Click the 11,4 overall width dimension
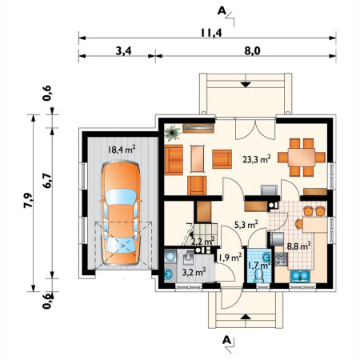click(x=211, y=33)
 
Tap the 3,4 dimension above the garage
click(x=123, y=50)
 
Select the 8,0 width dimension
click(x=252, y=50)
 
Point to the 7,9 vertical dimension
click(x=28, y=200)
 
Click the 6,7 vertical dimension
click(x=47, y=181)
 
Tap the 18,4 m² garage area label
click(x=122, y=149)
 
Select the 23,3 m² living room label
click(x=257, y=159)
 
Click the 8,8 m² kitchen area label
click(x=299, y=246)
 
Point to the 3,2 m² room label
click(x=194, y=272)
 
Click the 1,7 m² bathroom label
click(x=259, y=265)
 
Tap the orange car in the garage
click(x=121, y=213)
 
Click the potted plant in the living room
click(x=172, y=133)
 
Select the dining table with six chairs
click(x=302, y=158)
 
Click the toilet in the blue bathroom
click(x=258, y=276)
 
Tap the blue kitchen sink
click(x=300, y=276)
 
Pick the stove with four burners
click(x=281, y=258)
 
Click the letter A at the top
click(x=222, y=10)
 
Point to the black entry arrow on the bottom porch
click(x=246, y=317)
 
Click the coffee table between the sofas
click(x=198, y=158)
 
